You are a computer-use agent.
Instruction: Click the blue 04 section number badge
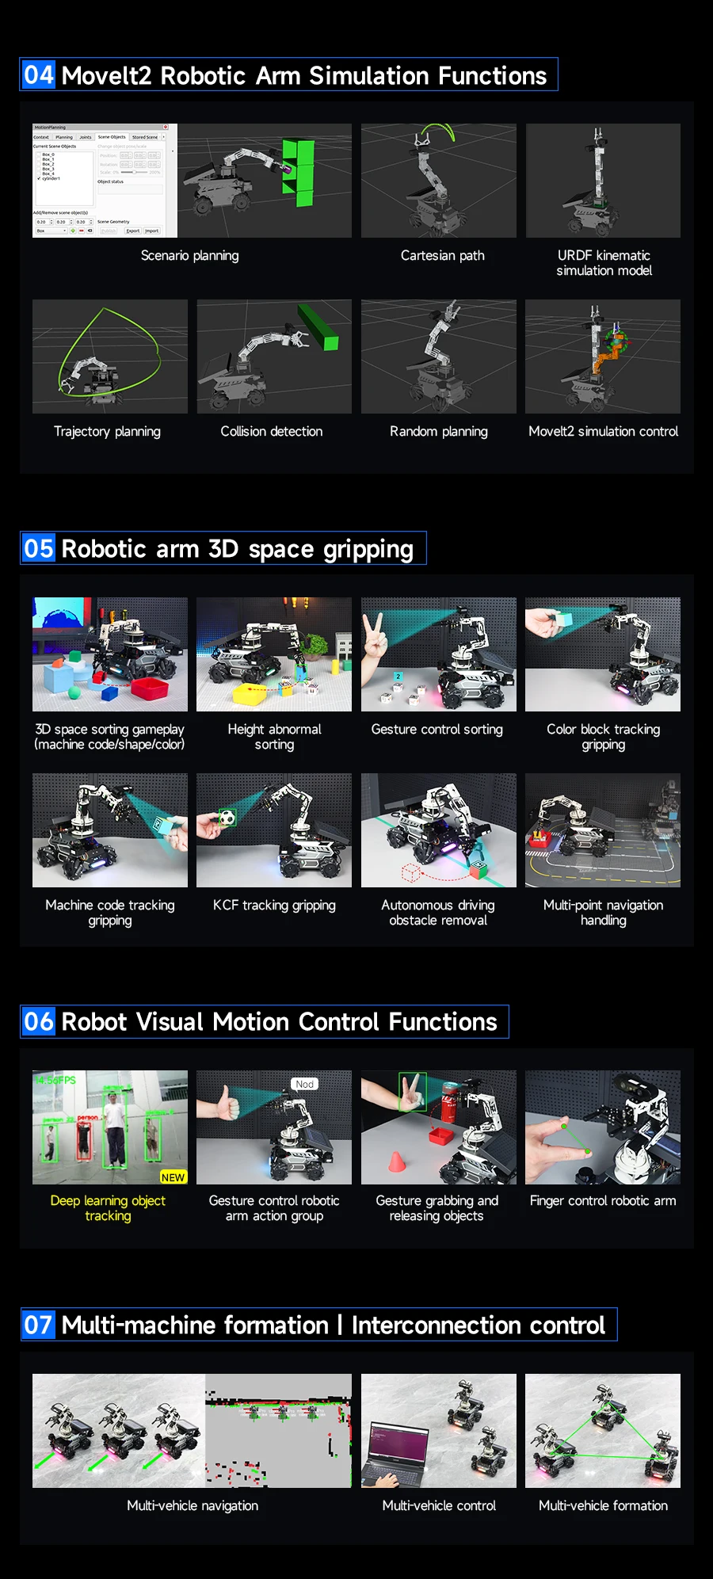click(x=38, y=75)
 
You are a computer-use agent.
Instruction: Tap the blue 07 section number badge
click(x=38, y=1325)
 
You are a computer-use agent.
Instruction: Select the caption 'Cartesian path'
click(x=442, y=256)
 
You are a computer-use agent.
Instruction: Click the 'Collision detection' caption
click(x=271, y=432)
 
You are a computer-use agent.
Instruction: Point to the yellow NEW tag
click(x=173, y=1177)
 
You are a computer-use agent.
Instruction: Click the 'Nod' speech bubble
click(x=305, y=1084)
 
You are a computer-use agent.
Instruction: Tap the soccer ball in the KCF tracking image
click(x=227, y=817)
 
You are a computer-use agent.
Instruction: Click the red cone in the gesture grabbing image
click(x=396, y=1162)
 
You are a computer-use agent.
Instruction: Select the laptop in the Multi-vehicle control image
click(x=393, y=1456)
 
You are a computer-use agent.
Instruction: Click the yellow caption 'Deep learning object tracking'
click(x=108, y=1208)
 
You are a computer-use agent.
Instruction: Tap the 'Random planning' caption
click(x=438, y=432)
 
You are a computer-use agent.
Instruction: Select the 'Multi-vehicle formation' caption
click(x=603, y=1506)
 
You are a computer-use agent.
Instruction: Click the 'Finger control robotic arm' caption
click(x=603, y=1201)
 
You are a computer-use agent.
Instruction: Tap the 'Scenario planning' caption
click(x=189, y=256)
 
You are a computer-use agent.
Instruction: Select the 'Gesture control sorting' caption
click(x=437, y=730)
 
